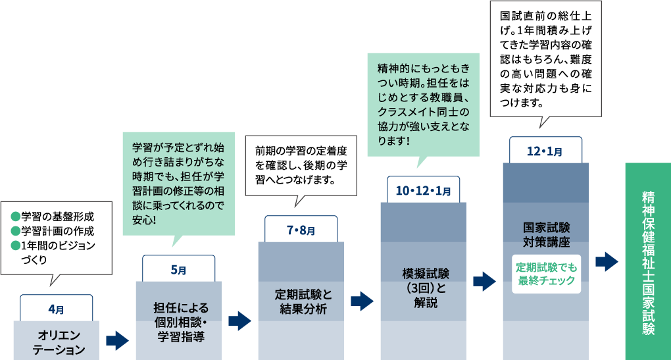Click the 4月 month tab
pos(56,308)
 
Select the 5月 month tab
pos(178,269)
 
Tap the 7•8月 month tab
pos(301,230)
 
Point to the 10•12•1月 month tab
pos(423,190)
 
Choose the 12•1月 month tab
pos(545,151)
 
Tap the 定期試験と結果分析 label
pos(300,301)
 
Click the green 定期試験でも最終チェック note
pos(546,274)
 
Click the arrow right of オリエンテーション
pos(117,340)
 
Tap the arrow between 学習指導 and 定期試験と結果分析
pos(239,321)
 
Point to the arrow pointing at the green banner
pos(607,261)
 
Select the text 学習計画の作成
pos(58,231)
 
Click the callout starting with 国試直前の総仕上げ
pos(546,59)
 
